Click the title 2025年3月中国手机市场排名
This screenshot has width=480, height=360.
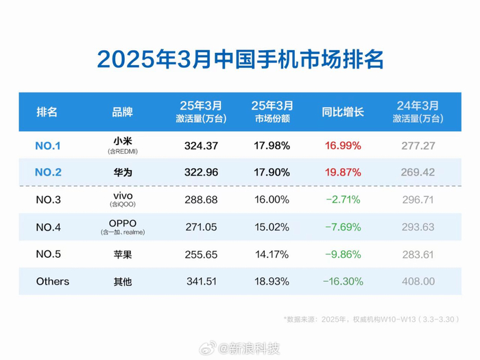click(x=239, y=59)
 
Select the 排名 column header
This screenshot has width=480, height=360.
click(x=47, y=111)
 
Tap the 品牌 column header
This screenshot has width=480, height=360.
click(x=122, y=111)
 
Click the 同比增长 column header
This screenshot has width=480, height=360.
click(x=343, y=111)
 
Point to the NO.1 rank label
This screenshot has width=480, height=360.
click(x=48, y=145)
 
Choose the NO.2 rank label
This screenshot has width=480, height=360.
click(x=48, y=172)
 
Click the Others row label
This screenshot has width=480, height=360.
click(x=53, y=281)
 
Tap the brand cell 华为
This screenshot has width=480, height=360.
click(x=122, y=172)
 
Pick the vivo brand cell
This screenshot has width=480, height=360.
click(x=122, y=196)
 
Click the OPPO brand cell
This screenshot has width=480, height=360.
click(x=122, y=224)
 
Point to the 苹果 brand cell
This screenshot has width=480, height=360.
click(x=122, y=254)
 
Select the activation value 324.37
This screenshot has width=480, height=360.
click(x=201, y=145)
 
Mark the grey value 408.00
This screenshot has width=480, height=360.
click(x=418, y=281)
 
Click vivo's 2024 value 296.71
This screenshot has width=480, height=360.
click(x=418, y=200)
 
